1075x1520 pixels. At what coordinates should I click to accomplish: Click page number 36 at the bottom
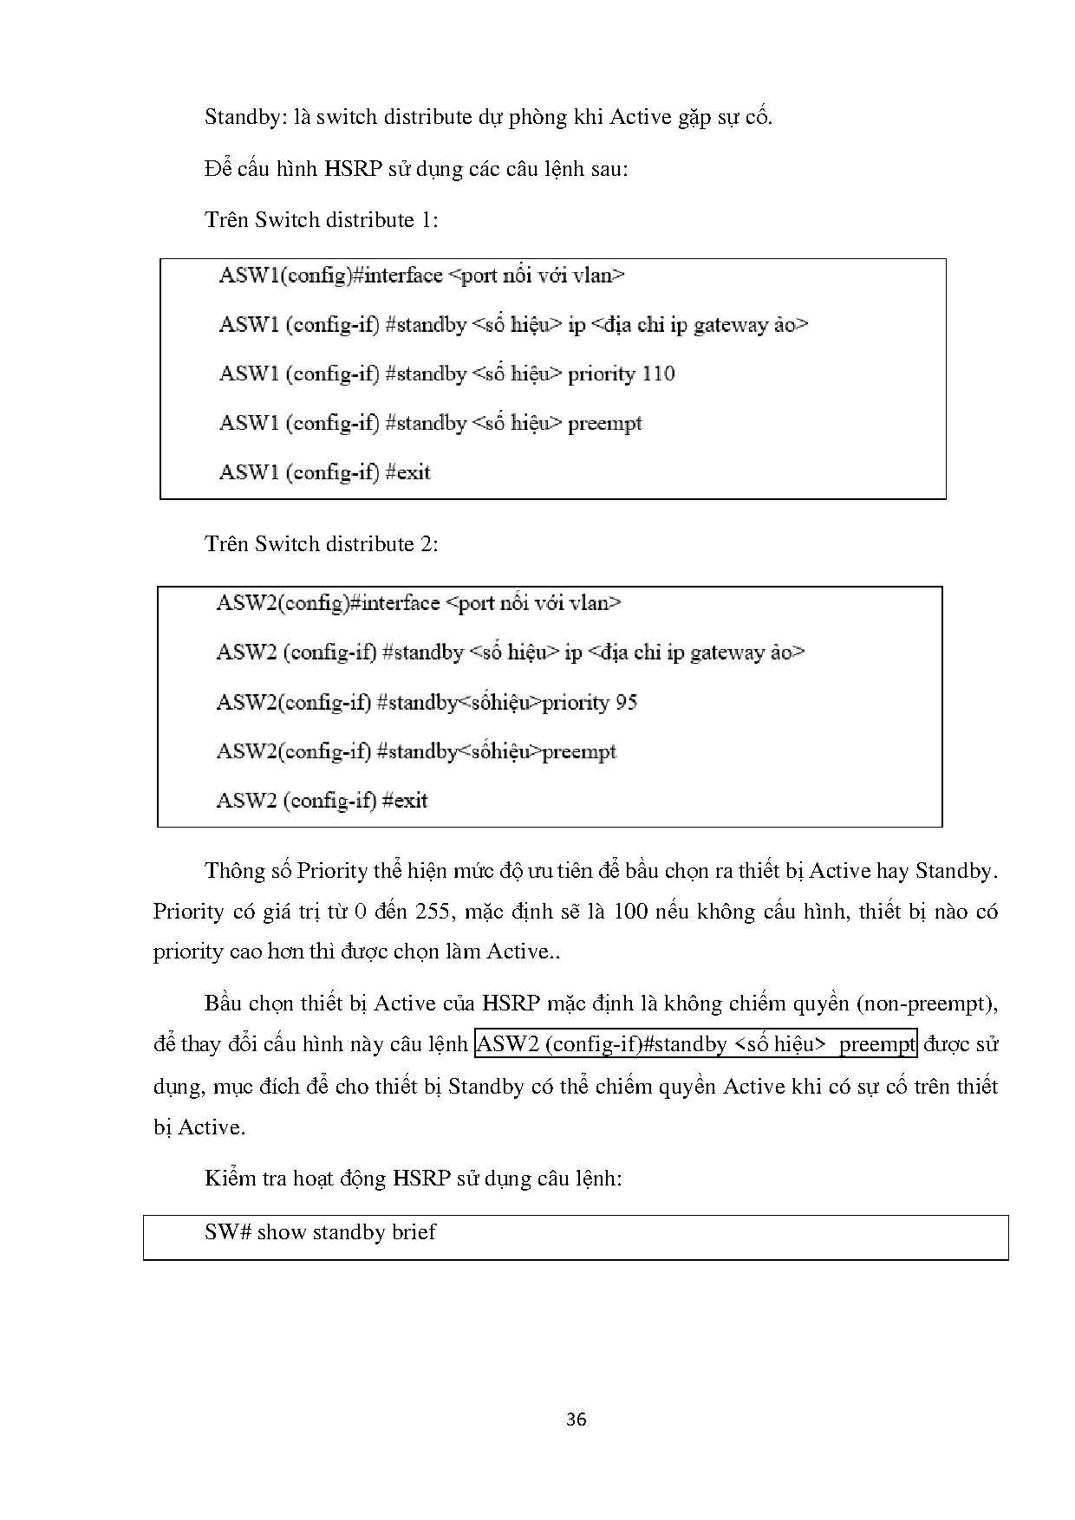(576, 1419)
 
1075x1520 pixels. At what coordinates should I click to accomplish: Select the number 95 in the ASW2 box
(626, 703)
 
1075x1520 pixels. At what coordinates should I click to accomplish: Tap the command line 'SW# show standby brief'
(320, 1232)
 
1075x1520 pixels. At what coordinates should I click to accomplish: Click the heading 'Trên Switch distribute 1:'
(321, 220)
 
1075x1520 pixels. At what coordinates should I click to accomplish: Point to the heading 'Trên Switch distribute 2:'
(321, 544)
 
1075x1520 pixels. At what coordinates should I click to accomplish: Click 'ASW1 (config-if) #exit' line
(324, 473)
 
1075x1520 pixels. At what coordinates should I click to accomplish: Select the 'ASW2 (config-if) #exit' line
(322, 801)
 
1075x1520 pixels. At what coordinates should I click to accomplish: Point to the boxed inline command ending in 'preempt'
(695, 1044)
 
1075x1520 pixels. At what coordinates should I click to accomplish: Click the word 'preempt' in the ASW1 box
(604, 424)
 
